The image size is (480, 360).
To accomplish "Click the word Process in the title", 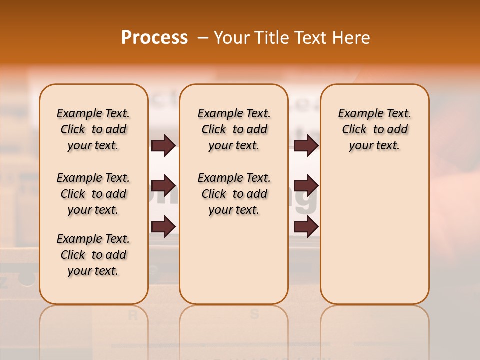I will click(154, 38).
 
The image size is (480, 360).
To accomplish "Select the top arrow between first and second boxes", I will click(163, 145).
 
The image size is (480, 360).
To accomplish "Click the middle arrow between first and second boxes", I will click(163, 186).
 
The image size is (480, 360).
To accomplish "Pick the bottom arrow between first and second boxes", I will click(163, 227).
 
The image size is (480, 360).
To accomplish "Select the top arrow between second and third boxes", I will click(306, 145).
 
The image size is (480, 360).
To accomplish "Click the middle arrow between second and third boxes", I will click(306, 186).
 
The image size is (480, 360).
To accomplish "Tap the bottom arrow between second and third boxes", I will click(306, 227).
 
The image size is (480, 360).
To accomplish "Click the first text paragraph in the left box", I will click(93, 129).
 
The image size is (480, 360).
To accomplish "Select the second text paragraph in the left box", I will click(93, 194).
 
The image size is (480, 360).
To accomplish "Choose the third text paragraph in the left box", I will click(93, 255).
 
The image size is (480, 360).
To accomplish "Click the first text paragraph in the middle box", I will click(234, 129).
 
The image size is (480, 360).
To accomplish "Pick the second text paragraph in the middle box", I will click(234, 194).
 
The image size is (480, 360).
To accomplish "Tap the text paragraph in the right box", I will click(374, 129).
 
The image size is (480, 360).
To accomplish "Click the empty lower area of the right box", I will click(374, 240).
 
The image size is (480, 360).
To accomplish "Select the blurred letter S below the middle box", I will click(254, 314).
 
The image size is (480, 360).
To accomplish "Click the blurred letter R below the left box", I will click(133, 314).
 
